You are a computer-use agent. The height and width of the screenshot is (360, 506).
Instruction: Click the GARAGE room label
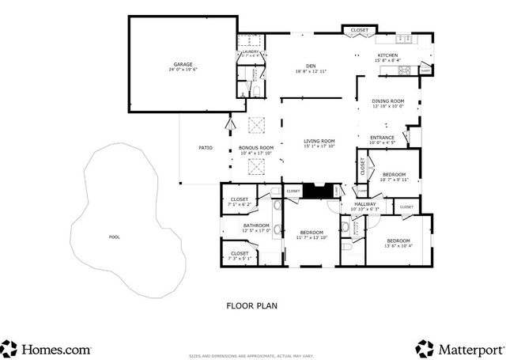tap(183, 64)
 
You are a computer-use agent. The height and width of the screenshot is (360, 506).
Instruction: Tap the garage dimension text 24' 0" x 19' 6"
tap(183, 70)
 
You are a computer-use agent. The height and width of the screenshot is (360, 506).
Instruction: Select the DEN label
tap(311, 66)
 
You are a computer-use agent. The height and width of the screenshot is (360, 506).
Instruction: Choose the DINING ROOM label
tap(387, 100)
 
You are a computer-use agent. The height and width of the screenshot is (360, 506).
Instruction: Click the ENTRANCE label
tap(382, 138)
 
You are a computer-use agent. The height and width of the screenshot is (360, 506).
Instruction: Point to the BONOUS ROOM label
tap(256, 147)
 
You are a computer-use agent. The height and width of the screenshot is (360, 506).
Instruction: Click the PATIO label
tap(205, 147)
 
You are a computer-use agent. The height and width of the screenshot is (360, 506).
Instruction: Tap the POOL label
tap(115, 237)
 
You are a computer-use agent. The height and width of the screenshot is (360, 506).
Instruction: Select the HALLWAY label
tap(364, 204)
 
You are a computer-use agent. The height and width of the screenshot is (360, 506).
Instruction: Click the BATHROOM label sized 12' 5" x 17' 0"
tap(256, 225)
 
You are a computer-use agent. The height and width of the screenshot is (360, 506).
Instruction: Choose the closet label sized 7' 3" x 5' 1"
tap(240, 253)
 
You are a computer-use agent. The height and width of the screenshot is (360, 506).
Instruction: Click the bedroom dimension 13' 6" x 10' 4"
tap(398, 245)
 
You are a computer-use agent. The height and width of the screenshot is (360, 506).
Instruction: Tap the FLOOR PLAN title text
tap(251, 305)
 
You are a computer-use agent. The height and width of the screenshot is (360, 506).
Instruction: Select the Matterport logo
tap(459, 347)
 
